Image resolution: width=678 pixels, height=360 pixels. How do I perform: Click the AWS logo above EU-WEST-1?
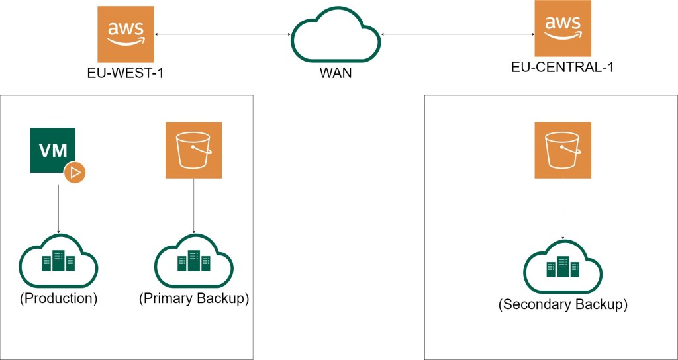tap(126, 34)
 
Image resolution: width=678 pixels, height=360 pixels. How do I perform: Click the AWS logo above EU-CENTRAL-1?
tap(563, 30)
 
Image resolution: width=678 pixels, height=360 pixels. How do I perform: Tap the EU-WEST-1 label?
tap(126, 73)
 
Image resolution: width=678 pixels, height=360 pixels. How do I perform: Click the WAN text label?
tap(336, 73)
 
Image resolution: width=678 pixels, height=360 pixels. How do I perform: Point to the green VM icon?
tap(53, 150)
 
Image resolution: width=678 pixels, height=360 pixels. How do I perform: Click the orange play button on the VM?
tap(75, 173)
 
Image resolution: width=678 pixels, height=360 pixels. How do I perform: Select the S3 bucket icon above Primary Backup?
tap(193, 150)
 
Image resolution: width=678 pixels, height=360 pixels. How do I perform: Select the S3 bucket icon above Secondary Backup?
tap(563, 150)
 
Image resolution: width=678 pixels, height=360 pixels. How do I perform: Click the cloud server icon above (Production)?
tap(59, 263)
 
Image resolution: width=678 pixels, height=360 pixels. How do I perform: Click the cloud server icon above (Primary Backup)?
tap(193, 263)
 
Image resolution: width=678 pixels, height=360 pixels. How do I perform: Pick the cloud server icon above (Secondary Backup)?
tap(563, 267)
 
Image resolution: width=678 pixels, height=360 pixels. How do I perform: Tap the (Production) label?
tap(59, 298)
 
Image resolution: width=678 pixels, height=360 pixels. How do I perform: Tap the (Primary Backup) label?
tap(194, 298)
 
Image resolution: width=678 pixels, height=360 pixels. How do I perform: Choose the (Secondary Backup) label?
tap(563, 305)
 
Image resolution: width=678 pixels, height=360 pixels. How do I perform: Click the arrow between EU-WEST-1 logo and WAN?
tap(222, 34)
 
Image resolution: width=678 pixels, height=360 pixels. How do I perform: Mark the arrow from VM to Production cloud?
tap(59, 208)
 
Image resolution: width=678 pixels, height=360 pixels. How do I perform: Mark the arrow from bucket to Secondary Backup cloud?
tap(563, 208)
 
